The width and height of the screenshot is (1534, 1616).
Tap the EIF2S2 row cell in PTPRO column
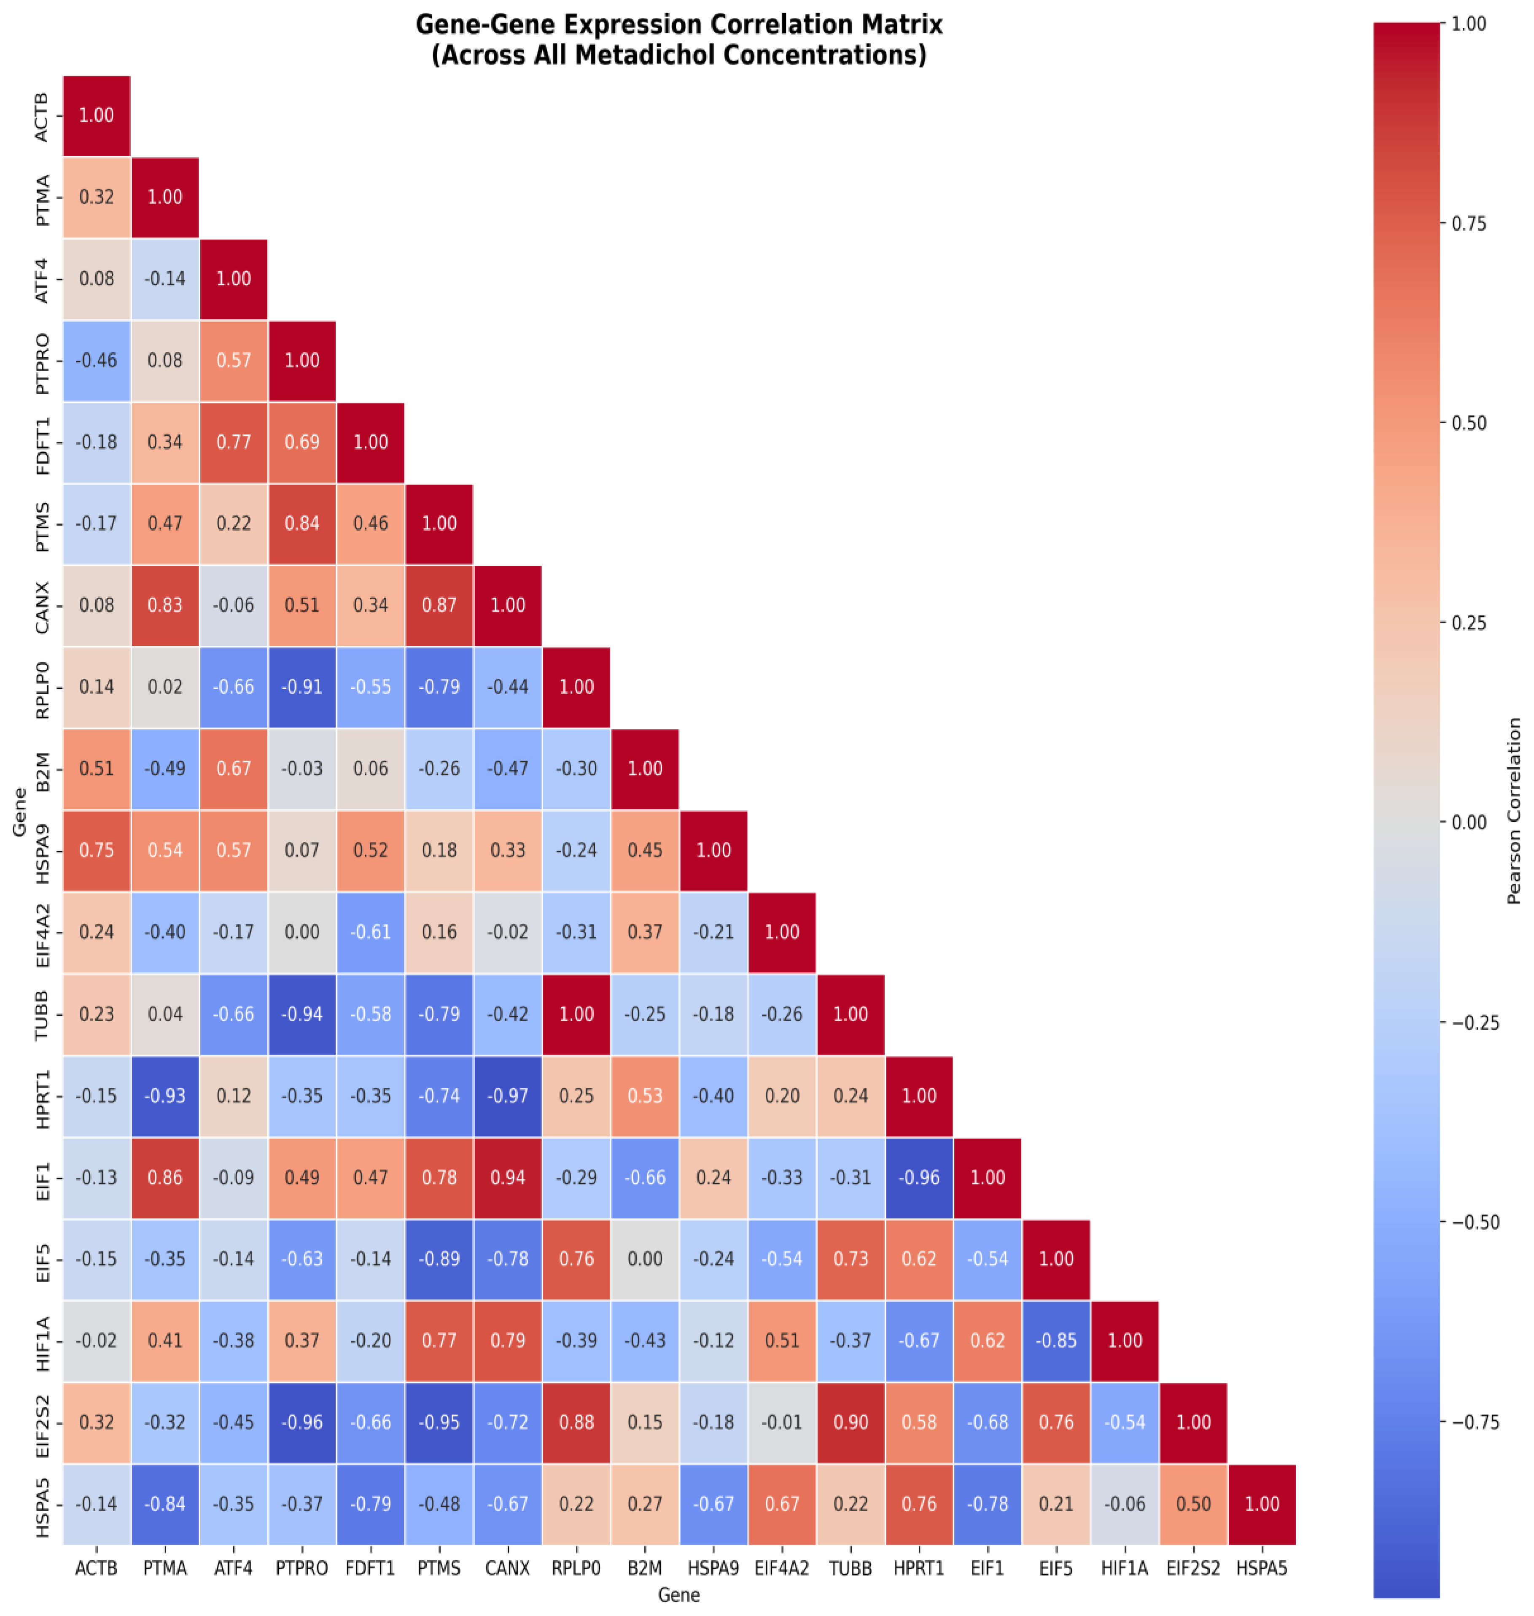[302, 1423]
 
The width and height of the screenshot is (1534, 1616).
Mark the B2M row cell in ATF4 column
[234, 769]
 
